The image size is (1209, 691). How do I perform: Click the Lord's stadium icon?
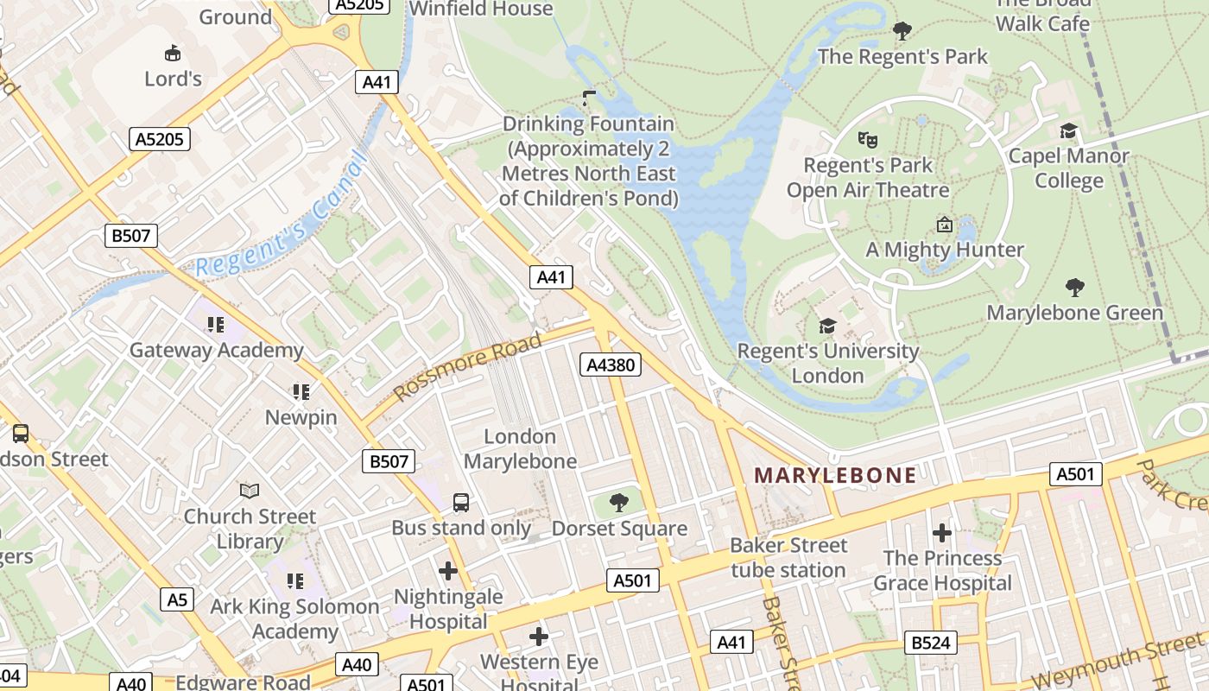(x=172, y=54)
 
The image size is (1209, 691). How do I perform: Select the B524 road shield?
(x=931, y=642)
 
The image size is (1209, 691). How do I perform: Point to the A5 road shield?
(x=176, y=599)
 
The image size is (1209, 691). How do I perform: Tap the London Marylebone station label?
(x=520, y=448)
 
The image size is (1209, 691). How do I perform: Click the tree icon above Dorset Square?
(x=618, y=502)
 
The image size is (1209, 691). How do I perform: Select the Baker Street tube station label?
(x=788, y=557)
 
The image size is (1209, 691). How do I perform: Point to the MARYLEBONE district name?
(x=835, y=475)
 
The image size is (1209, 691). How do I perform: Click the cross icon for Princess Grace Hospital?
(x=942, y=532)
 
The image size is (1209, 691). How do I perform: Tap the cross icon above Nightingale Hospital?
(x=447, y=570)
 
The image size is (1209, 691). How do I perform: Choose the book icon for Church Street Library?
(x=250, y=491)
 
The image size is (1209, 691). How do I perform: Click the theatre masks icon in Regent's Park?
(x=867, y=138)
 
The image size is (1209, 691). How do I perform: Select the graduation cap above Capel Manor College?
(x=1068, y=130)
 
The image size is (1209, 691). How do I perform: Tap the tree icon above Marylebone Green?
(x=1074, y=287)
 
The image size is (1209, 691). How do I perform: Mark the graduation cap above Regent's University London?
(x=827, y=326)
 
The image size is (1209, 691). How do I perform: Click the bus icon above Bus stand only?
(x=461, y=502)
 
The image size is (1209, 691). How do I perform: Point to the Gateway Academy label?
(x=216, y=350)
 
